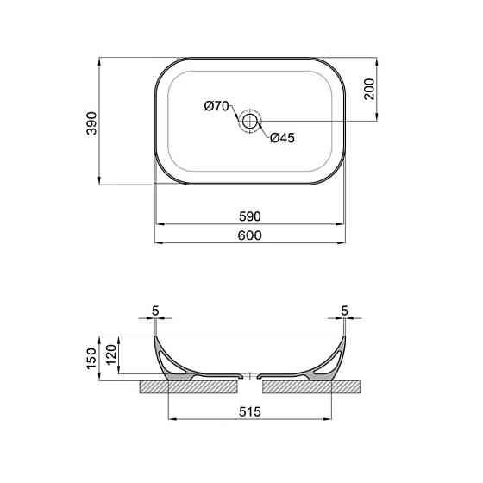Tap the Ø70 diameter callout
coord(216,106)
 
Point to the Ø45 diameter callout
coord(283,138)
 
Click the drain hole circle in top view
coord(250,121)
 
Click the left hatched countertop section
coord(172,386)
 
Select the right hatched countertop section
coord(328,386)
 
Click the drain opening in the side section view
coord(249,377)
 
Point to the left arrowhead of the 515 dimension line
coord(168,421)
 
